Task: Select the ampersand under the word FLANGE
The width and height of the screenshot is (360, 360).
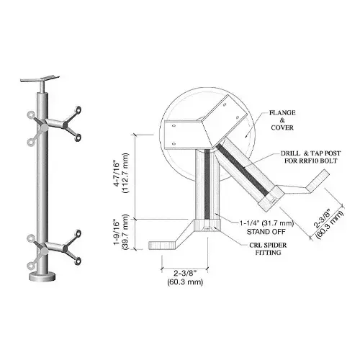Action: point(283,121)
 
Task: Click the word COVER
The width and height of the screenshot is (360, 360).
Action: point(283,130)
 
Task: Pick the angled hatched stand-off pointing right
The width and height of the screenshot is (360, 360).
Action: point(245,173)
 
